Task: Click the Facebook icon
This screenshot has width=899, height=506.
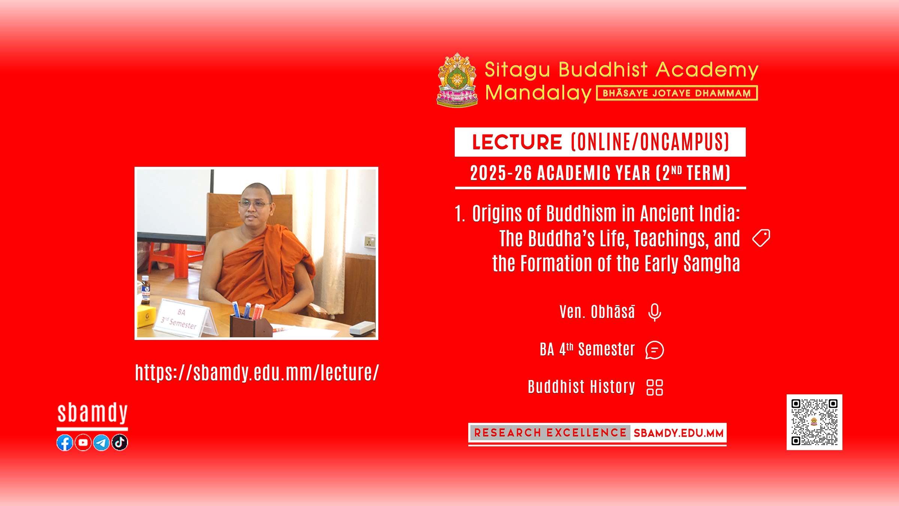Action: [65, 443]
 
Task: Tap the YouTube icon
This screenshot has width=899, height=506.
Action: [83, 443]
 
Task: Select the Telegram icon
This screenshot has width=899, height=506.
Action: [101, 443]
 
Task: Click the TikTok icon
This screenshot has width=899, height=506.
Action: [120, 443]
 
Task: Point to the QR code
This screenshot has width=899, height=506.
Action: [814, 422]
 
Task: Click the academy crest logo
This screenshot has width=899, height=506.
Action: [457, 80]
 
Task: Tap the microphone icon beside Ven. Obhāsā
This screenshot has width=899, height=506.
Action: [655, 312]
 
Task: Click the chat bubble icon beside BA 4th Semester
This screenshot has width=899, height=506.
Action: [655, 350]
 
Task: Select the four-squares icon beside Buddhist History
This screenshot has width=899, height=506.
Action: [655, 388]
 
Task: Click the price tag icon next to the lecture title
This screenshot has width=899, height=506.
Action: [761, 238]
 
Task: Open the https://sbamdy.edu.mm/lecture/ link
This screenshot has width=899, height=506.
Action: [257, 373]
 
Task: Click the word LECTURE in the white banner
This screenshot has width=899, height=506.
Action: [517, 142]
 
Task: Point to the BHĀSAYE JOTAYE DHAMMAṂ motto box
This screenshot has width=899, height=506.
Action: [677, 93]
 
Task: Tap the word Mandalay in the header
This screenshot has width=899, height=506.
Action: [538, 93]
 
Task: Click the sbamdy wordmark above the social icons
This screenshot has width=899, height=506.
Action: [93, 413]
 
